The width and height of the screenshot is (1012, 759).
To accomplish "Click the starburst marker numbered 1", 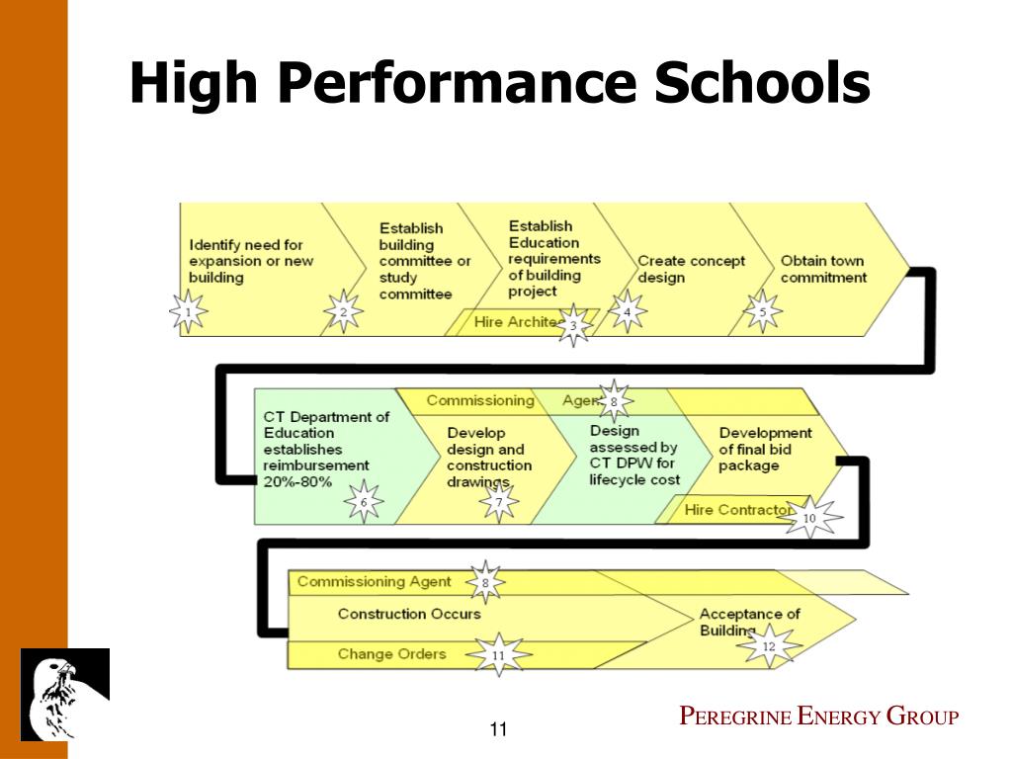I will (x=188, y=314).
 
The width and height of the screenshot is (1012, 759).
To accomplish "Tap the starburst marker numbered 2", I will (x=343, y=313).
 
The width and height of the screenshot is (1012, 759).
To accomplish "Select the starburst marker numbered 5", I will (x=762, y=312).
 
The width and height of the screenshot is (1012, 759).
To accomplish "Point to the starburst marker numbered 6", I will (x=364, y=502).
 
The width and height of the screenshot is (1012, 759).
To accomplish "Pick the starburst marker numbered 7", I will (x=499, y=503).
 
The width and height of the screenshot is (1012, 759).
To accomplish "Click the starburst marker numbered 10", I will (x=809, y=518).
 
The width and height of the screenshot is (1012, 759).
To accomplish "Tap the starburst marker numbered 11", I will (x=498, y=654).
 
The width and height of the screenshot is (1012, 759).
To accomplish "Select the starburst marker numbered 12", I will (x=769, y=647).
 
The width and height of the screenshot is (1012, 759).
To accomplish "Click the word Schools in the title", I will (x=760, y=83).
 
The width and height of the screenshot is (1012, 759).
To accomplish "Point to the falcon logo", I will (x=65, y=694).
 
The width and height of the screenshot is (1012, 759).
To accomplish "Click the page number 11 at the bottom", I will (x=498, y=730).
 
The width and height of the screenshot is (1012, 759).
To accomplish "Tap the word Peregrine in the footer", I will (x=735, y=717).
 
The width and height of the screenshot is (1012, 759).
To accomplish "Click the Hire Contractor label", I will (x=737, y=510).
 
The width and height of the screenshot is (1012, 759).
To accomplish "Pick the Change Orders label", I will (x=391, y=653).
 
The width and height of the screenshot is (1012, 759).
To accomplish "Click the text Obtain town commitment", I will (x=822, y=269).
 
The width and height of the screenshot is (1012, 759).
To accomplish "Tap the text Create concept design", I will (x=691, y=269).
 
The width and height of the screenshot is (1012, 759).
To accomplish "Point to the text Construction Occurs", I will (x=409, y=614).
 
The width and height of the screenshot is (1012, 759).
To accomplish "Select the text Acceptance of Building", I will (x=749, y=622).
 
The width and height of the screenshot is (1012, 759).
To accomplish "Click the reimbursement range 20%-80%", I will (x=298, y=481).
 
